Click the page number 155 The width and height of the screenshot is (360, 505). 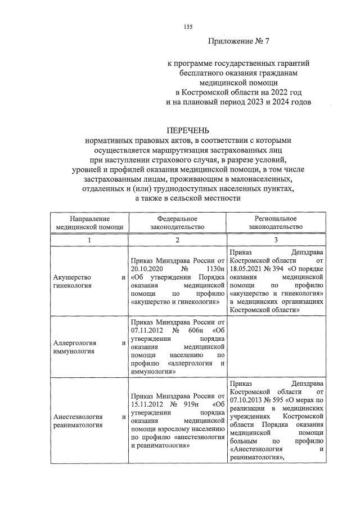tap(188, 28)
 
